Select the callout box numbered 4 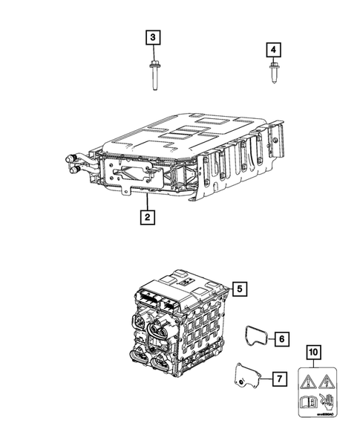point(274,50)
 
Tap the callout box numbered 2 point(148,217)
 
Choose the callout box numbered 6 point(282,339)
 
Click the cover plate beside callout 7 point(246,379)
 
